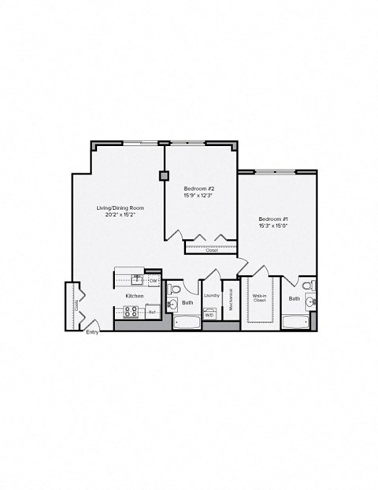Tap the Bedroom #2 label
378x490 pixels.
click(198, 189)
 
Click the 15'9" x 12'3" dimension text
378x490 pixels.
click(198, 196)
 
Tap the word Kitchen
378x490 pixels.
click(134, 296)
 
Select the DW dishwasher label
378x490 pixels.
click(154, 280)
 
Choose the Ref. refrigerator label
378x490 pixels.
click(152, 312)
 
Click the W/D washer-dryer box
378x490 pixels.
click(209, 315)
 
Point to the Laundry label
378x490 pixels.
click(211, 296)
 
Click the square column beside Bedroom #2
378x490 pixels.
click(163, 176)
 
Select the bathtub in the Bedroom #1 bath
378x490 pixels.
click(295, 322)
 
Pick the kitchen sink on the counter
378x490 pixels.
click(137, 279)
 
